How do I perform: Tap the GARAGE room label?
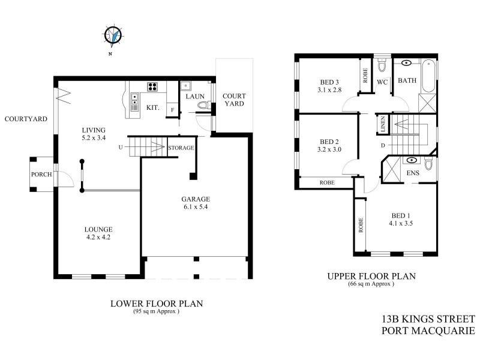point(196,199)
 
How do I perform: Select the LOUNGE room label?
point(98,229)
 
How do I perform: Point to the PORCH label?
point(41,175)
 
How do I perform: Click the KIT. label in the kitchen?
point(152,108)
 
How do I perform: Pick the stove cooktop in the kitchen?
point(152,87)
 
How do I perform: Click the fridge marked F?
point(172,110)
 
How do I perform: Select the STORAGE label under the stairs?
point(180,148)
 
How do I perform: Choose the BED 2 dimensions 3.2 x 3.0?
point(329,150)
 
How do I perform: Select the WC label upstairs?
point(382,81)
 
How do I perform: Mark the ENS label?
point(412,173)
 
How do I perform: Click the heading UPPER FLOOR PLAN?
point(371,277)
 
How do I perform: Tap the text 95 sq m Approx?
point(156,311)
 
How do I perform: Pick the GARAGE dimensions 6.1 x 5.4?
point(196,208)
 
